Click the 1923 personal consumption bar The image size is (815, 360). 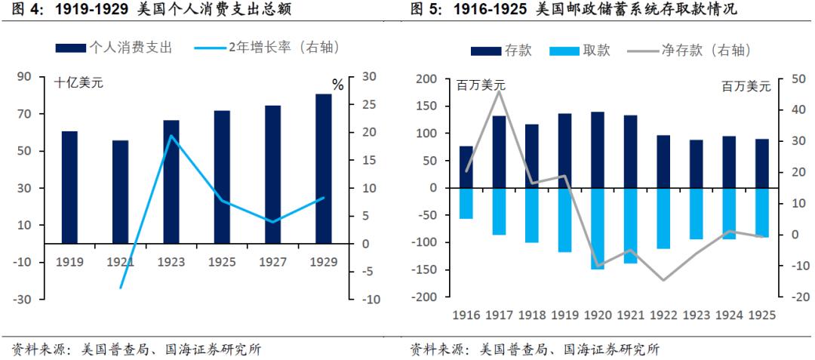(171, 181)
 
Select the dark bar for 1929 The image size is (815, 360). (324, 168)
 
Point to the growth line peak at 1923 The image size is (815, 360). (171, 136)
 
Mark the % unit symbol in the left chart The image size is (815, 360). (337, 85)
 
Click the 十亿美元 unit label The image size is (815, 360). (78, 83)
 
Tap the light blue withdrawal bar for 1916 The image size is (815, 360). (466, 203)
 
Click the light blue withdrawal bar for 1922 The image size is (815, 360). (663, 218)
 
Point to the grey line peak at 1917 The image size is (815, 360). (499, 91)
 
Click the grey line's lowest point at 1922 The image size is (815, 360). (663, 280)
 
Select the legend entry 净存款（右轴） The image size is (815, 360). (705, 51)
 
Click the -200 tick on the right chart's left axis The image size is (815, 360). (427, 297)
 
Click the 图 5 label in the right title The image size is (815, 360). (426, 10)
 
